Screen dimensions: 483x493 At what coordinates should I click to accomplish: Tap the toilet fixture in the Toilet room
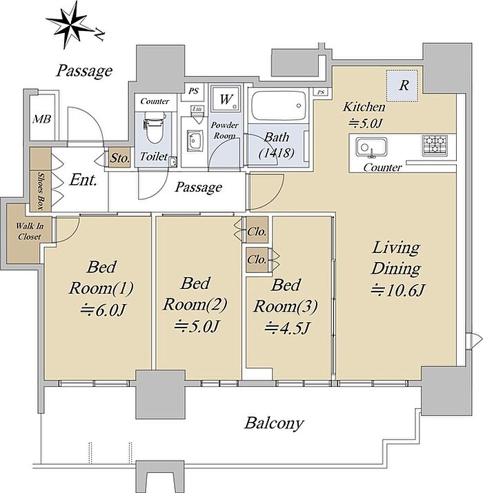155,129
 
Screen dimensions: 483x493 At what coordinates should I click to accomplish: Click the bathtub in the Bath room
279,105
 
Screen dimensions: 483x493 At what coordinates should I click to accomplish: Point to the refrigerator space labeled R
402,85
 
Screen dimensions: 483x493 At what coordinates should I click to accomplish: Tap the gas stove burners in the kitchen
435,145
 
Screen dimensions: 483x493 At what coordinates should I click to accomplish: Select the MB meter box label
42,119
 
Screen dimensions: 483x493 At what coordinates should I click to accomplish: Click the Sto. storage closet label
120,158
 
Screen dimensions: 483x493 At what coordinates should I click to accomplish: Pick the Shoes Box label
41,191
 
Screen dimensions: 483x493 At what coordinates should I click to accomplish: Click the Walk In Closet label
30,232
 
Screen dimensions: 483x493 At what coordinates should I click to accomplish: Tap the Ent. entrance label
83,180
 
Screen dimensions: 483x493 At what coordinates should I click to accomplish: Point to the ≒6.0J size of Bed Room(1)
103,310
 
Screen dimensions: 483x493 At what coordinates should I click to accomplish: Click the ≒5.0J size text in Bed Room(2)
196,327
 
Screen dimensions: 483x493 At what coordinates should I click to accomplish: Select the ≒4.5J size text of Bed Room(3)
287,329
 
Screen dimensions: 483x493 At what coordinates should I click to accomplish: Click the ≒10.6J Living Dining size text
397,290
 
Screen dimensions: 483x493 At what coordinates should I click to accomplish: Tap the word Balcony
274,423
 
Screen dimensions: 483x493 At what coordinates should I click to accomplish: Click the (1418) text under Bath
276,153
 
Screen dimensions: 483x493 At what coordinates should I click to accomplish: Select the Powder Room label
224,130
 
